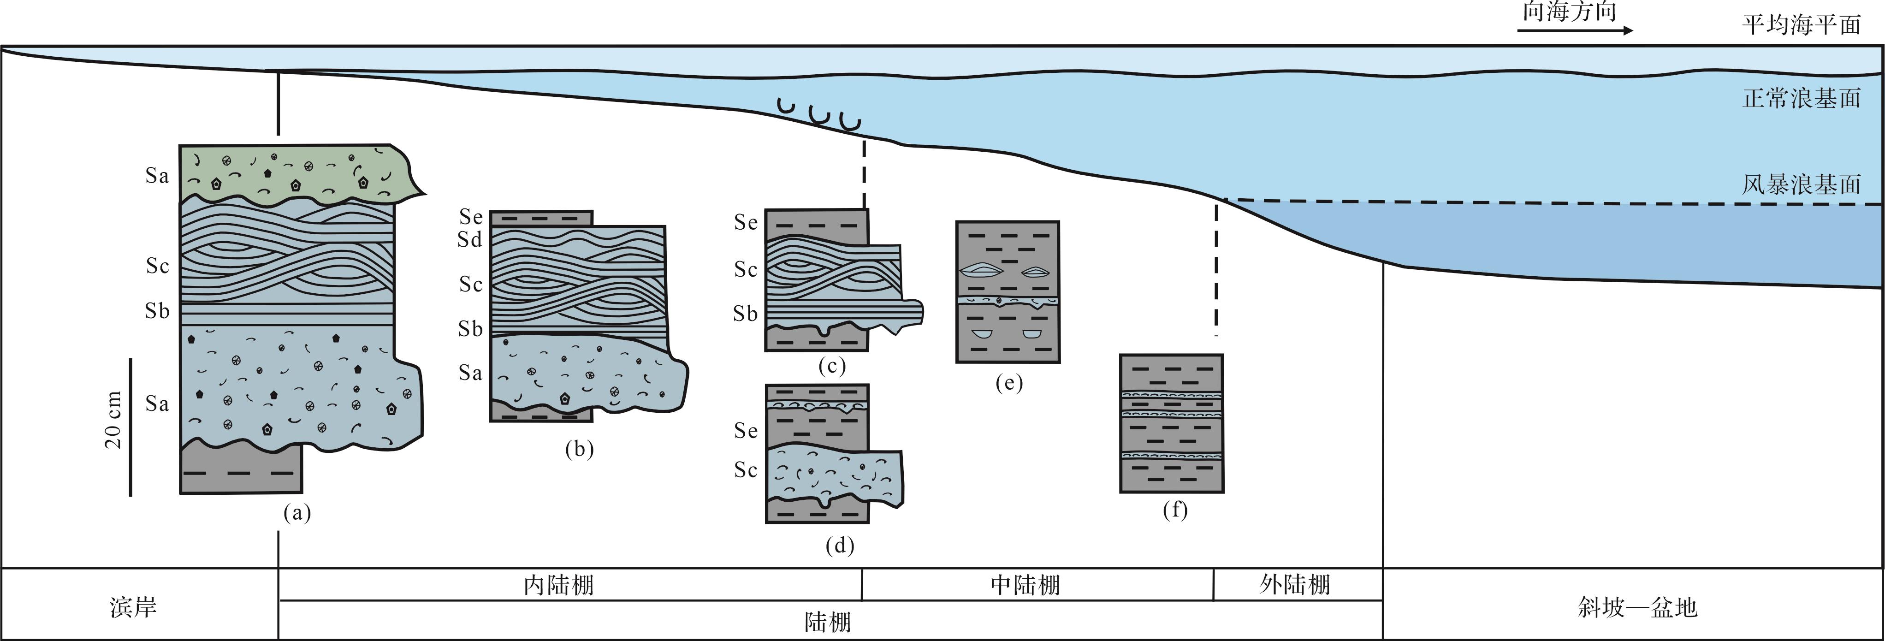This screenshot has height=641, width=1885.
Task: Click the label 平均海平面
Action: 1801,26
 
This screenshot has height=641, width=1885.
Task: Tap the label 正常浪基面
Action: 1801,98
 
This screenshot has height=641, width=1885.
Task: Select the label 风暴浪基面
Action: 1801,184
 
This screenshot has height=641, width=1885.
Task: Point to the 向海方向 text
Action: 1569,12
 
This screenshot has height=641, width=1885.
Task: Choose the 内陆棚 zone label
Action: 559,585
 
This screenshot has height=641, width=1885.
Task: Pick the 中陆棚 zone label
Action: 1025,585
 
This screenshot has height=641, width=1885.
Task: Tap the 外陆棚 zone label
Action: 1294,585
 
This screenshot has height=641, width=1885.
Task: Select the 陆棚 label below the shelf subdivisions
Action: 828,622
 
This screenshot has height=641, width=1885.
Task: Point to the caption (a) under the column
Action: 297,514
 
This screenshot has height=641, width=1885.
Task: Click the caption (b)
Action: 579,449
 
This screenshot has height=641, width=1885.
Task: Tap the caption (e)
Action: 1008,383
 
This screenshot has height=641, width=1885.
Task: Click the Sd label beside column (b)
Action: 470,239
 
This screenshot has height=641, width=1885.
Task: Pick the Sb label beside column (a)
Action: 157,312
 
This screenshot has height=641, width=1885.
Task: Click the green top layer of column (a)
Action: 293,174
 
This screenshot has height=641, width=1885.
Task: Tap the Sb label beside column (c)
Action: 746,314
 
